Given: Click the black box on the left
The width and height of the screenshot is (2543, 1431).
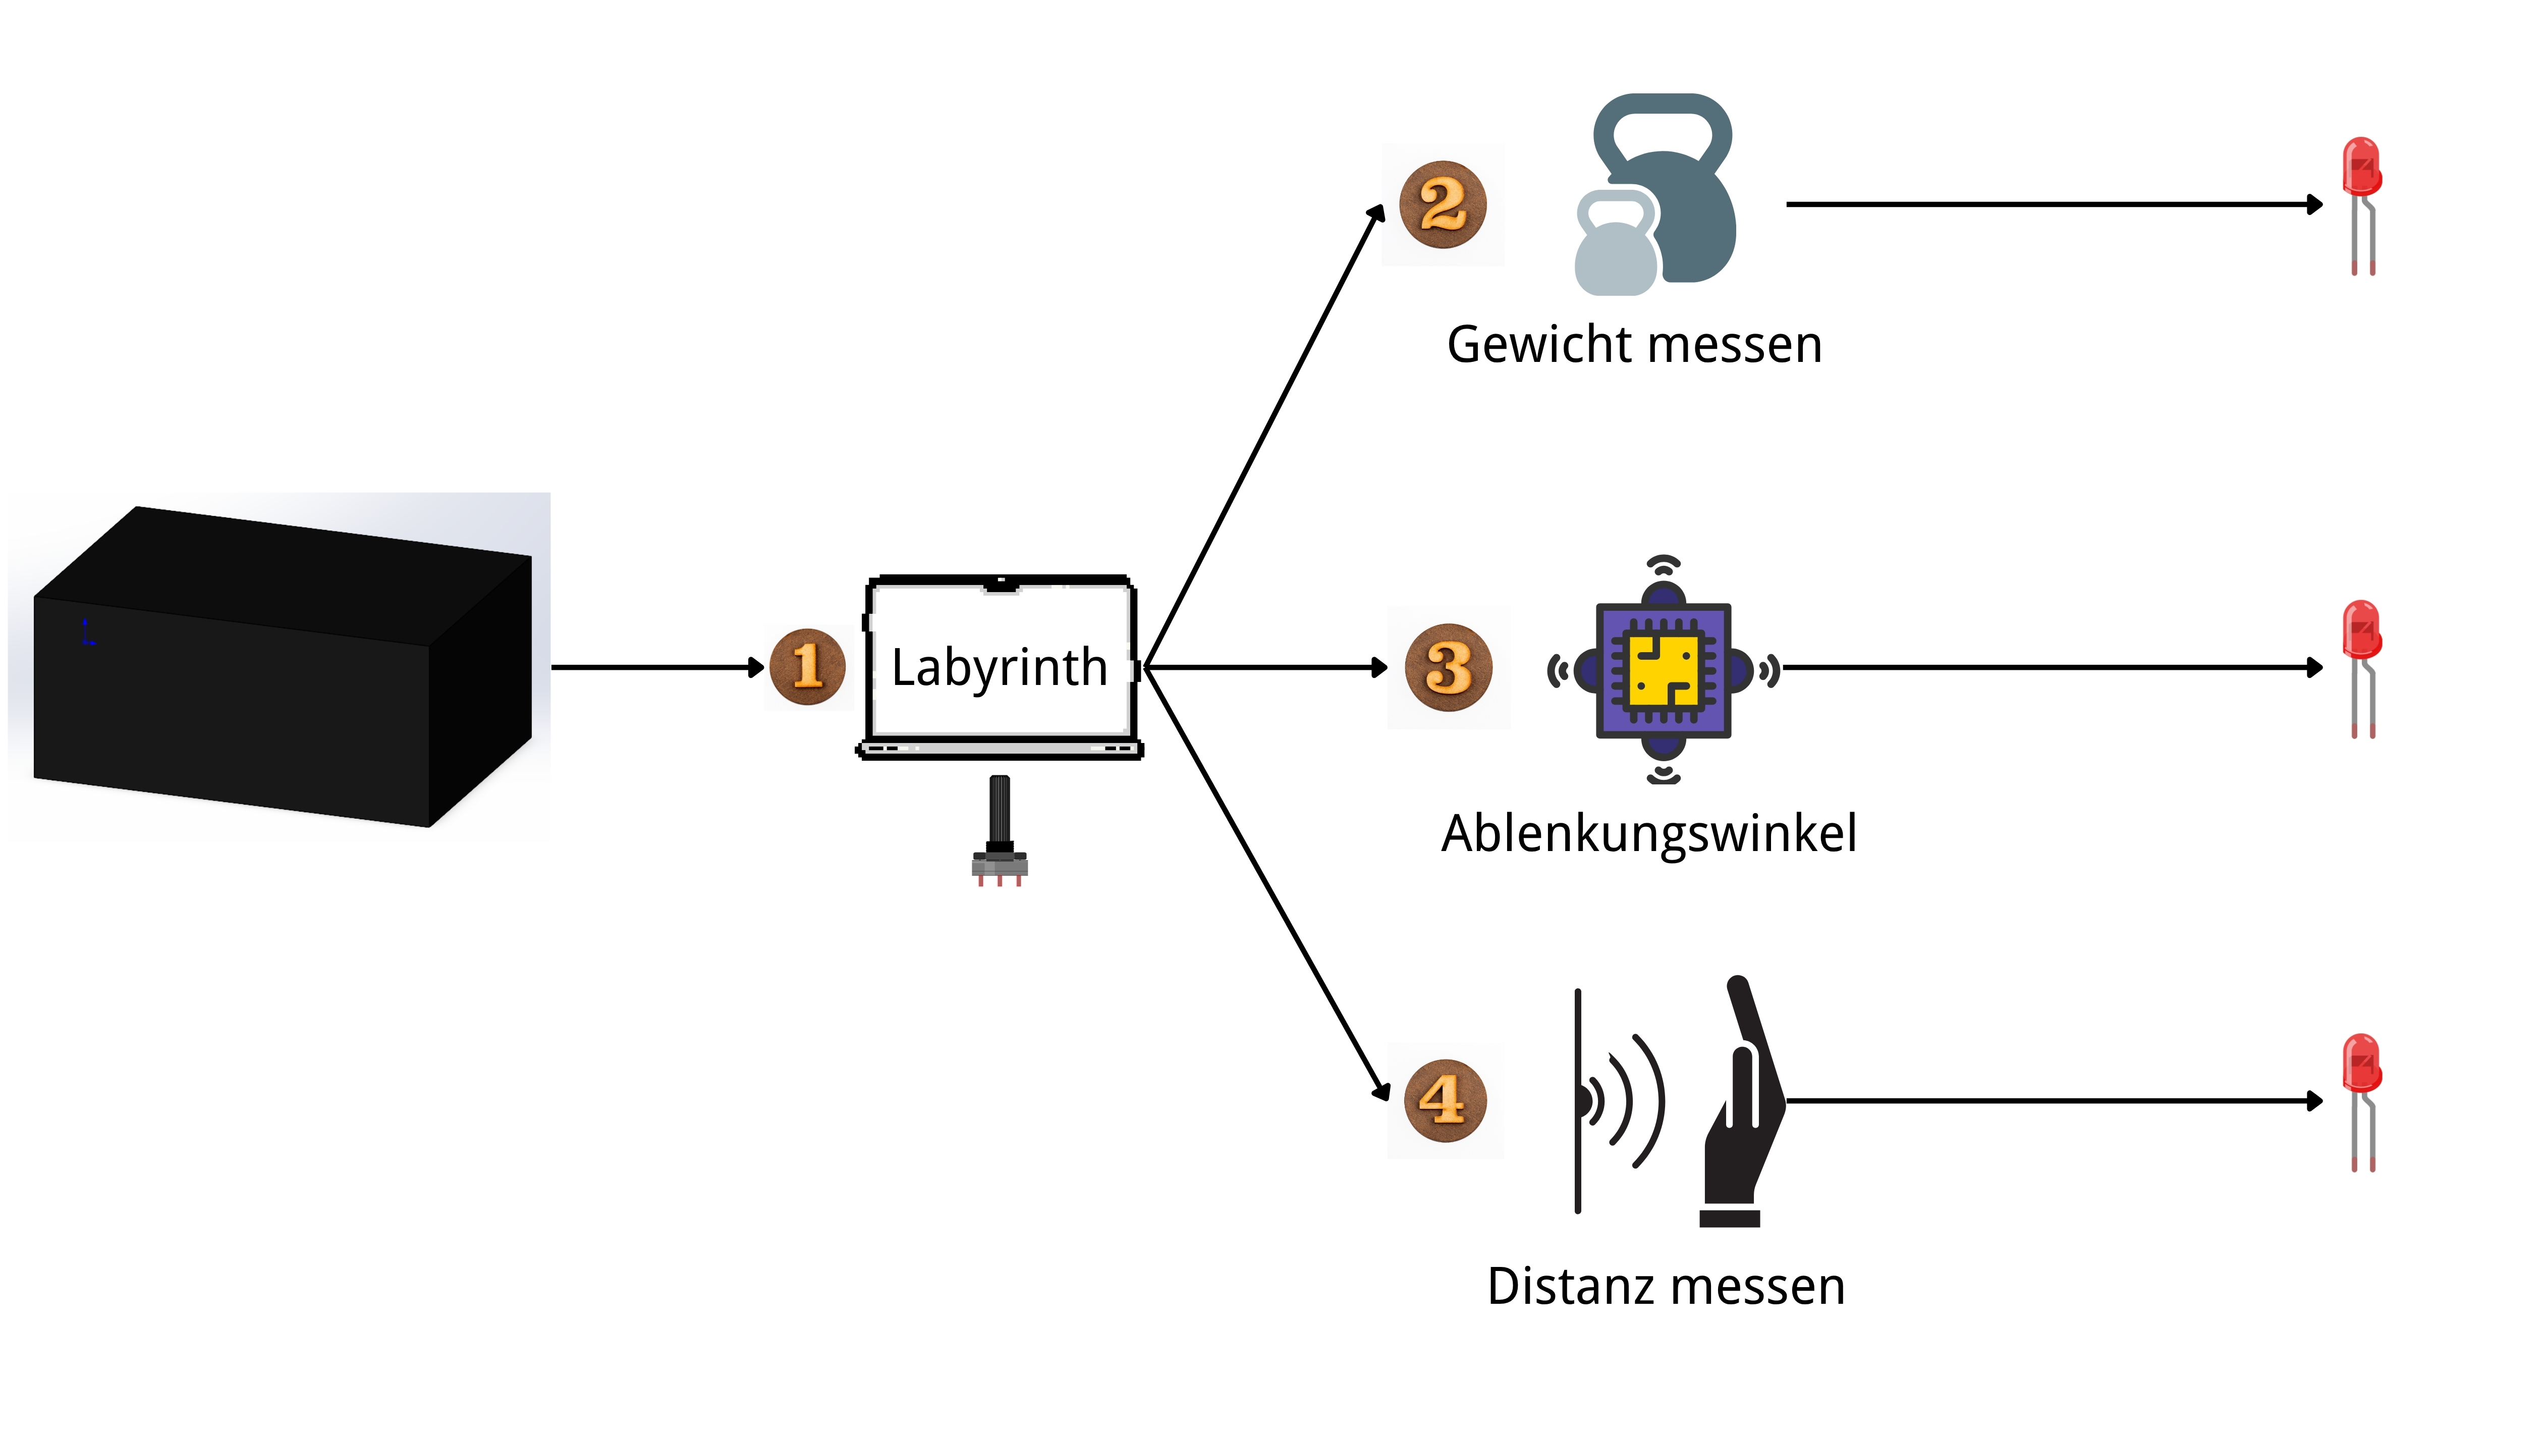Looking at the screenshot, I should [x=282, y=667].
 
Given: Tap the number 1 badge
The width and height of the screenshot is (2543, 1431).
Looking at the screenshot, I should [x=807, y=667].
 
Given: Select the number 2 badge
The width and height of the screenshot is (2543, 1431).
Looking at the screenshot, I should [x=1443, y=204].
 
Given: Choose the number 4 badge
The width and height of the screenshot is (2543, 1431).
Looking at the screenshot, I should [x=1445, y=1100].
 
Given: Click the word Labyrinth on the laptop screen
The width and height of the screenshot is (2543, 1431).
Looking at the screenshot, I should [x=999, y=668].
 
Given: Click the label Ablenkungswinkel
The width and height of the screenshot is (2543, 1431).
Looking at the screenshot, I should [x=1648, y=832].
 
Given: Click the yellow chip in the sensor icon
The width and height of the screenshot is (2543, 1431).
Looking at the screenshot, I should [x=1664, y=670].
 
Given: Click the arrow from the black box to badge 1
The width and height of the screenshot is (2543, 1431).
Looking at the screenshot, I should [x=656, y=668].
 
